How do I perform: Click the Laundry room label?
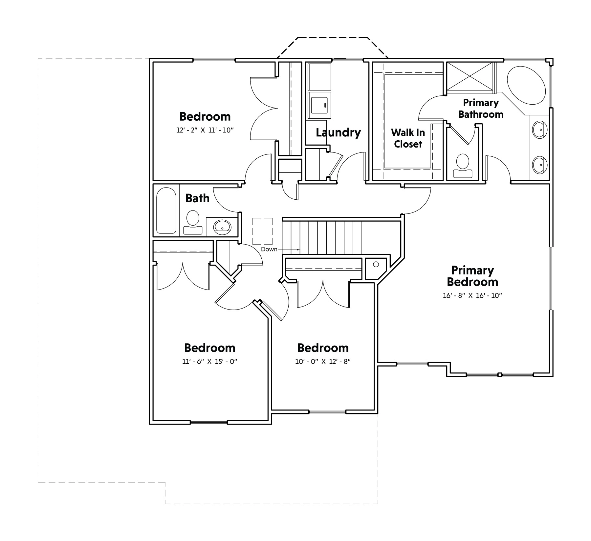pos(338,132)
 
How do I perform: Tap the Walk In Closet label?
pos(408,138)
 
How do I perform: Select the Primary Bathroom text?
pos(481,109)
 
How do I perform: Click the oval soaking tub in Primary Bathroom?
pos(526,86)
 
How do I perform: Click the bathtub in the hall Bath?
pos(166,210)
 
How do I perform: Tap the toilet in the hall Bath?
pos(193,223)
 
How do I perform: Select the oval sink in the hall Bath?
pos(222,226)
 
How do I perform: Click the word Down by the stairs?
pos(269,249)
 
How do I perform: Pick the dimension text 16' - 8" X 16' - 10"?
pos(472,295)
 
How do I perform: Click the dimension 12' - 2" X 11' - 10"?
pos(205,130)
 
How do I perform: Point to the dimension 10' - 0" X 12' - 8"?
pos(323,362)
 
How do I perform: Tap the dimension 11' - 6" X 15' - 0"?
pos(209,362)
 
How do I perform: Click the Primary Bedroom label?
pos(472,276)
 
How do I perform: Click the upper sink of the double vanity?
pos(539,130)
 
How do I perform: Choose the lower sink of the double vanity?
pos(539,165)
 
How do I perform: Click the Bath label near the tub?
pos(197,198)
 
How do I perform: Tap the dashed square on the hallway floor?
pos(262,231)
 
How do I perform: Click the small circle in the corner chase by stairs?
pos(376,264)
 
